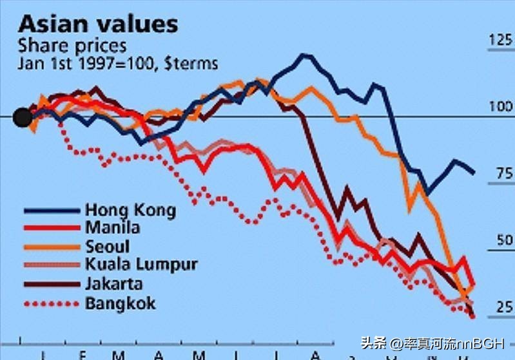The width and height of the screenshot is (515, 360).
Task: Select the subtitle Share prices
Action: click(72, 46)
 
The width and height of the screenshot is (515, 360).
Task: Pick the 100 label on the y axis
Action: click(500, 106)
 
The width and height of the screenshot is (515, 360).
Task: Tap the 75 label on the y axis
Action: click(501, 173)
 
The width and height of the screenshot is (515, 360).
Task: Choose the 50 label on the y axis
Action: click(501, 241)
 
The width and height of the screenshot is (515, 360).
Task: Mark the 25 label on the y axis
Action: click(501, 307)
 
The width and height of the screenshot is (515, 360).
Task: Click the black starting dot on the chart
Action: click(23, 117)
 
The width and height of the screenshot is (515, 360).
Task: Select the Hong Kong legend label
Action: click(130, 210)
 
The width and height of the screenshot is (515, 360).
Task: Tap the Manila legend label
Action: click(112, 228)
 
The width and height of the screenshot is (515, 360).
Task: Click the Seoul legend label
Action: click(107, 246)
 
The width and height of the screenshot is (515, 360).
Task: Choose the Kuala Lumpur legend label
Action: click(141, 265)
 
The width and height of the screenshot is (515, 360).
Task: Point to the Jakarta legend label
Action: click(113, 283)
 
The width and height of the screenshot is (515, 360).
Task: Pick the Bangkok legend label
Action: click(120, 303)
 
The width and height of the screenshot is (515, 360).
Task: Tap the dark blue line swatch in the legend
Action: click(52, 211)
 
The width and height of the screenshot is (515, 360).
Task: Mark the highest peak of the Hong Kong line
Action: click(304, 55)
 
